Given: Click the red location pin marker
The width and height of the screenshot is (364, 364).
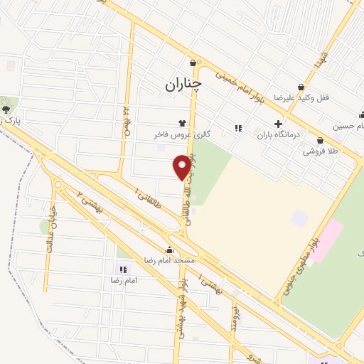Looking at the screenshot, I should [x=183, y=166].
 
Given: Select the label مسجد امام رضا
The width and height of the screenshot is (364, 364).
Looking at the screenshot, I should [x=168, y=261].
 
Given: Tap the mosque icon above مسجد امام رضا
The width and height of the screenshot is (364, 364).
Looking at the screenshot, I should [x=169, y=250].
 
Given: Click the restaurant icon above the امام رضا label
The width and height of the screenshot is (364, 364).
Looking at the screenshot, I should [x=122, y=269].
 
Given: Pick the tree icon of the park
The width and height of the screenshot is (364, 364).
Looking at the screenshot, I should [x=6, y=109].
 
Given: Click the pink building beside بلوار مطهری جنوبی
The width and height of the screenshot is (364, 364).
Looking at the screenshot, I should [x=328, y=240].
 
